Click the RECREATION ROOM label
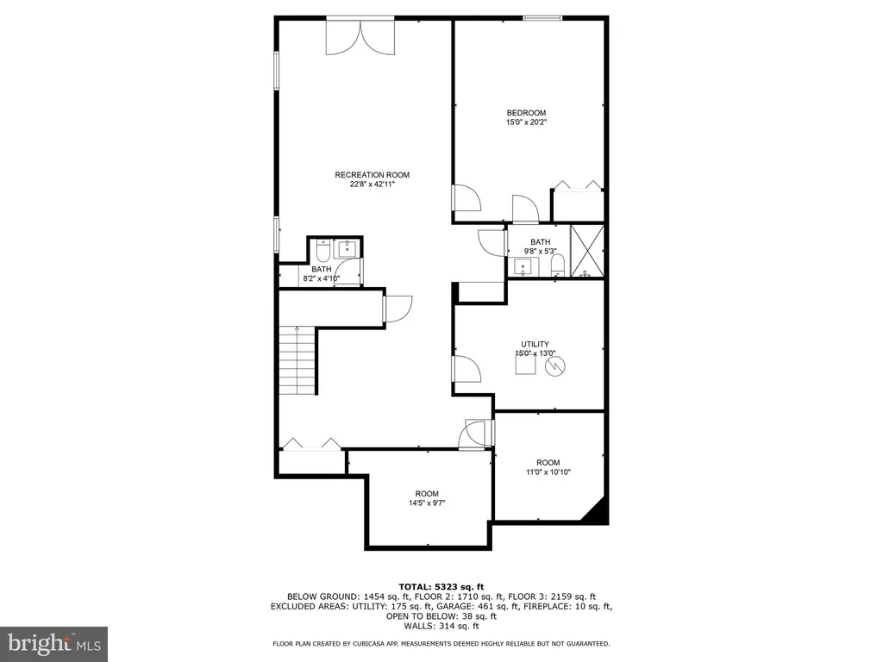click(373, 175)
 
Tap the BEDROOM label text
click(526, 113)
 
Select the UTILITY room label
click(535, 344)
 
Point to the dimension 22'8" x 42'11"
click(373, 184)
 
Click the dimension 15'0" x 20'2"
click(527, 122)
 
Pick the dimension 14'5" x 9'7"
click(427, 503)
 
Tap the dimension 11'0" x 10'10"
click(548, 472)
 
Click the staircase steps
click(297, 360)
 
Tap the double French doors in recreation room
click(360, 38)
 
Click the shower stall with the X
click(586, 251)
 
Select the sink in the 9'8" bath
click(523, 267)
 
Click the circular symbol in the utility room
click(555, 366)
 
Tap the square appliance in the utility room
click(525, 365)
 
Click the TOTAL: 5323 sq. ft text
click(441, 587)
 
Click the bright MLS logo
click(53, 643)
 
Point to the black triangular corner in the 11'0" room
click(597, 512)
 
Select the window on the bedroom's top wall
click(542, 19)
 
